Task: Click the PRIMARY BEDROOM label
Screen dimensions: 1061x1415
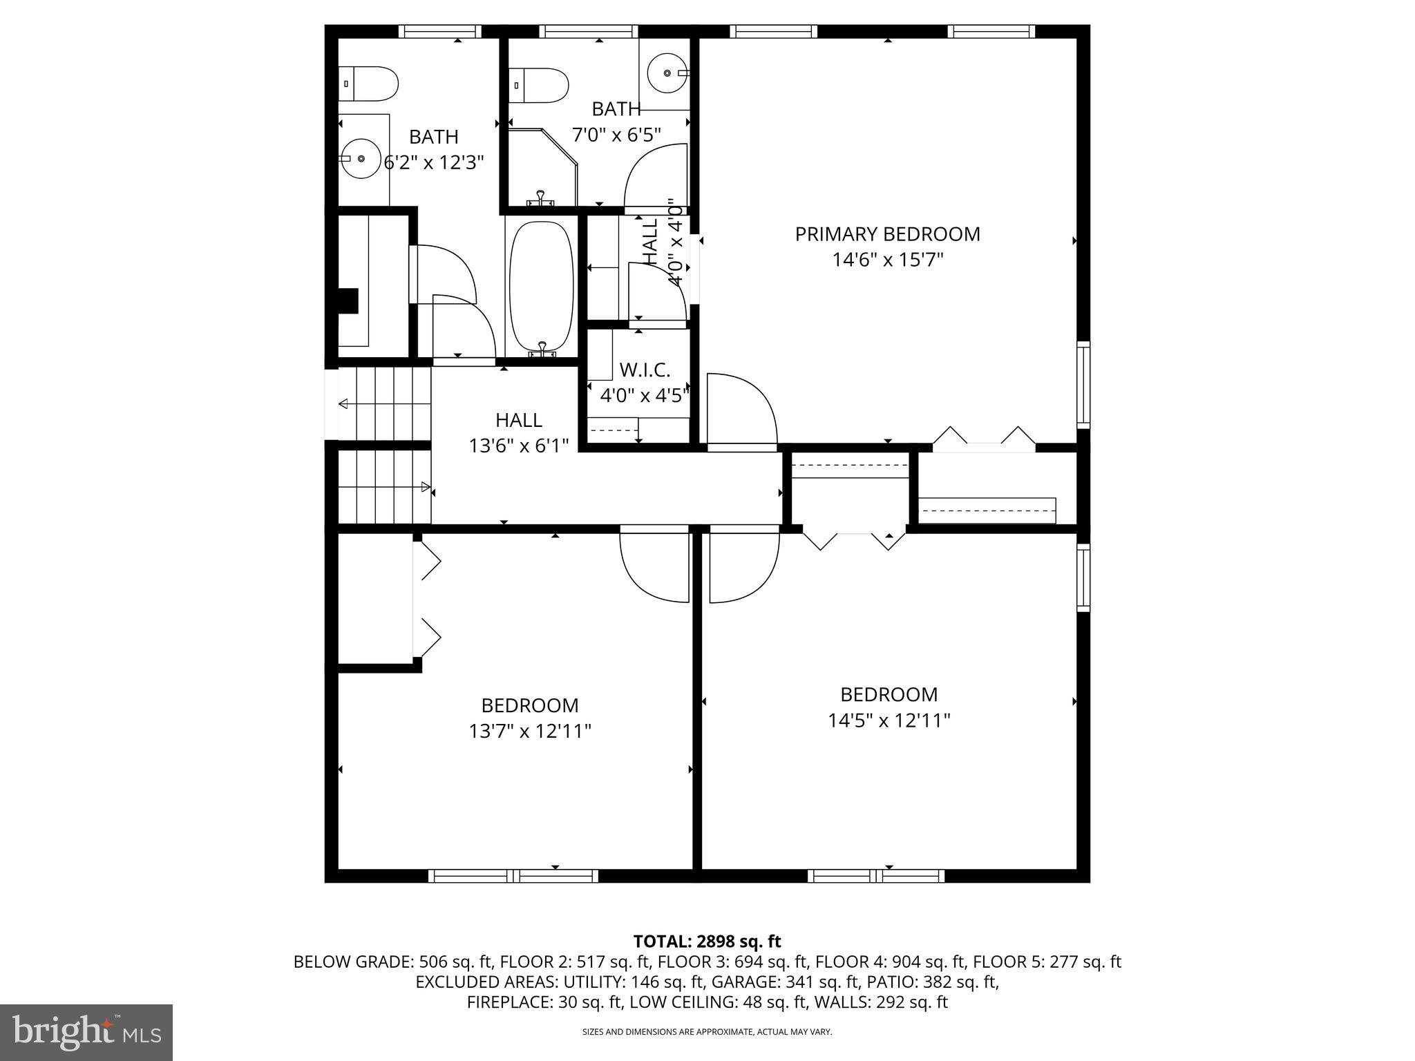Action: (887, 234)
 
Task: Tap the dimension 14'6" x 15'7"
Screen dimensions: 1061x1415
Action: (887, 260)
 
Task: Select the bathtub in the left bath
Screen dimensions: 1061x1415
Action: (541, 287)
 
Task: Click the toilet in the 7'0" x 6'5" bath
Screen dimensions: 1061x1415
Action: (539, 85)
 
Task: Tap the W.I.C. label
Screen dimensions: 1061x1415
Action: (644, 370)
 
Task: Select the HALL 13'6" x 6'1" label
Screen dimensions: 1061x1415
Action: (518, 432)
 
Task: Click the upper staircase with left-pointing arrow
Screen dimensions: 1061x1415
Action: (384, 404)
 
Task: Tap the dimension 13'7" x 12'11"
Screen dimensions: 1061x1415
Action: (530, 731)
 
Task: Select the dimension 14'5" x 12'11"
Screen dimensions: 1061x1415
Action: (889, 720)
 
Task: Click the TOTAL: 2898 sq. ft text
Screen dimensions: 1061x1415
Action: (707, 941)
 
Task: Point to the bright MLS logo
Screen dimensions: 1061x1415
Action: (86, 1032)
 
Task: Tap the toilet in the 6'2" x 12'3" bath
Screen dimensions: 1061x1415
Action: (368, 84)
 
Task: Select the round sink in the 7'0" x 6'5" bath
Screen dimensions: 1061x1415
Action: (667, 73)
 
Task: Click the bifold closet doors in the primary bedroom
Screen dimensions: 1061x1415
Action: (984, 439)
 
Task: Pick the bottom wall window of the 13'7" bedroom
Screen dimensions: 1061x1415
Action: (513, 876)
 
